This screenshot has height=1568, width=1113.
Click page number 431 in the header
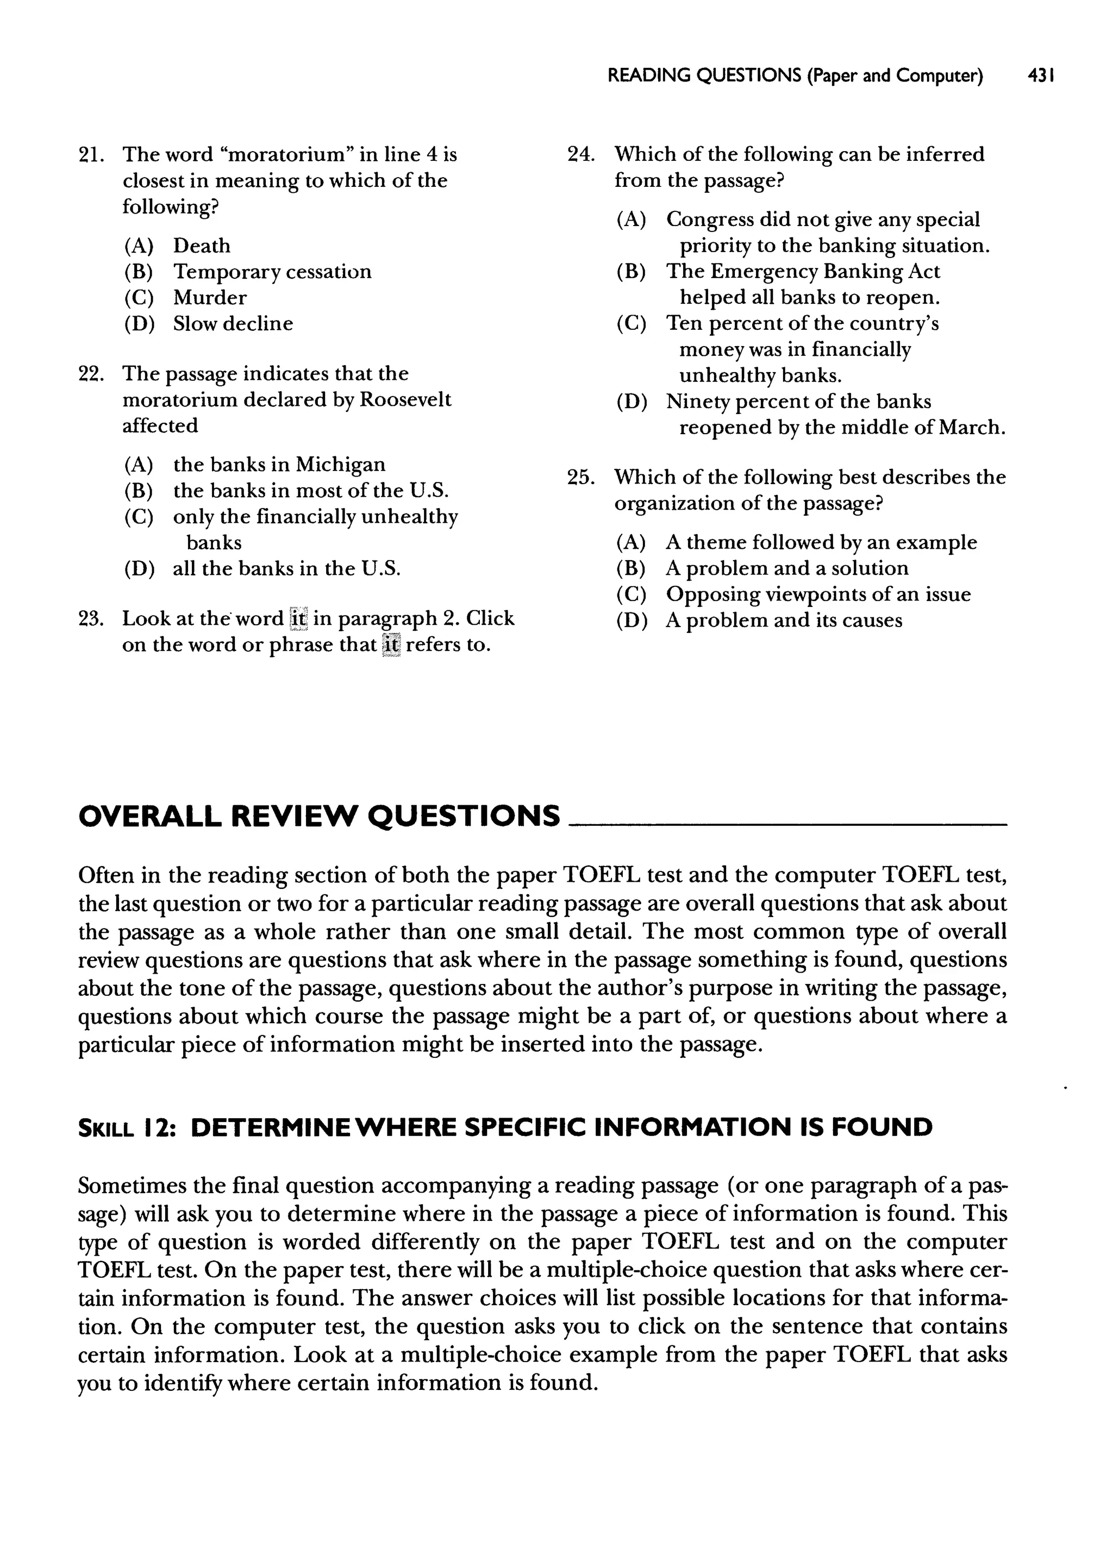pos(1040,76)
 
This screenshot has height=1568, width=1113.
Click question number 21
pos(91,155)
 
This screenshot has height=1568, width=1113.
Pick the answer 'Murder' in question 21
pos(209,297)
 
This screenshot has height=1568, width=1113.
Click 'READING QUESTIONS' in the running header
pos(703,76)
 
